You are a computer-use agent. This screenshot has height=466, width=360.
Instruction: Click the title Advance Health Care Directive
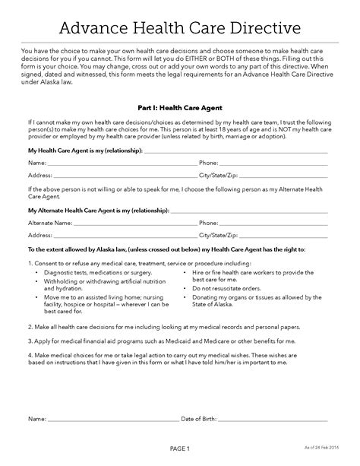(x=179, y=28)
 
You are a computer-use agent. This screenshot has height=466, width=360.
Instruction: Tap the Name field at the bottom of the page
(x=110, y=419)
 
